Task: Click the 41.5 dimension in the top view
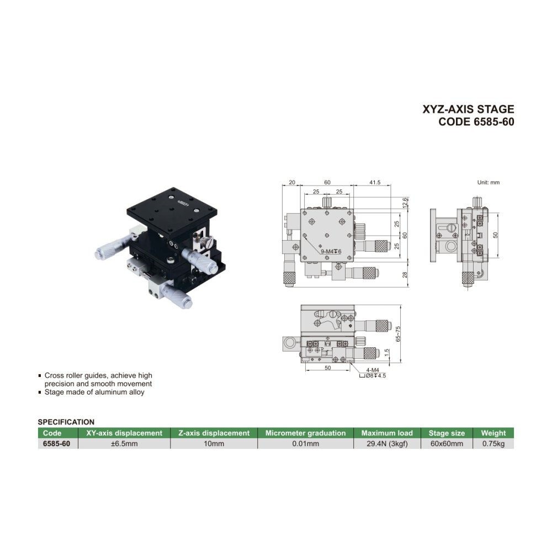click(375, 182)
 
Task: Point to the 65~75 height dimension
click(398, 334)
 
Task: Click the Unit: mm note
click(489, 182)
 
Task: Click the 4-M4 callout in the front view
click(373, 370)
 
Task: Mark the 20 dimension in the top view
click(292, 182)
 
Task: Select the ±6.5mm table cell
click(124, 444)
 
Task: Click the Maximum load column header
click(387, 433)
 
